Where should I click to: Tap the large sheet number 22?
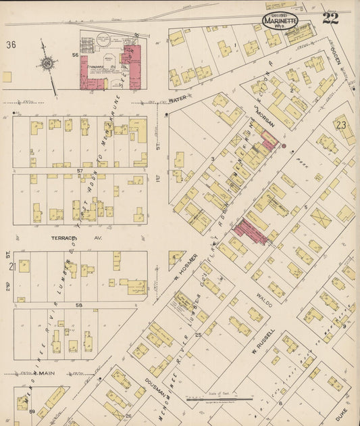pos(331,18)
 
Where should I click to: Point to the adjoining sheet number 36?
pos(11,45)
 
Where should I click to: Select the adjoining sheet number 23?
pos(340,125)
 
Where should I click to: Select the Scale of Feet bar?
pos(220,400)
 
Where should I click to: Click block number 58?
pos(79,306)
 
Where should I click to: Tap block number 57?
pos(79,171)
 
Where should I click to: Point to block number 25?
pos(199,335)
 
